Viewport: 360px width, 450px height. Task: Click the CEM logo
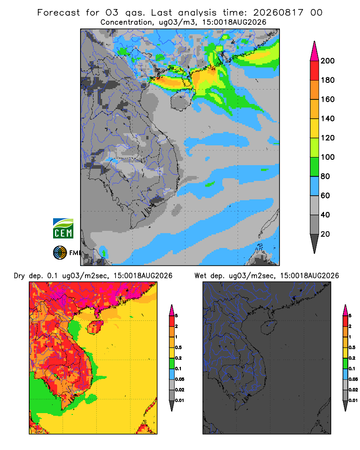[x=63, y=229]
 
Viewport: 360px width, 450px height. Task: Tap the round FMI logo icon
[x=60, y=253]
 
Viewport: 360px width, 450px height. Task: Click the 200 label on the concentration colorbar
[x=328, y=61]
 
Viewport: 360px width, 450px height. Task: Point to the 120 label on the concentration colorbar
[x=328, y=138]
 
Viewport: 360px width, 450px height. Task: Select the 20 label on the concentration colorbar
[x=325, y=234]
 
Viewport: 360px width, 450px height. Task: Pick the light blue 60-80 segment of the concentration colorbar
[x=315, y=186]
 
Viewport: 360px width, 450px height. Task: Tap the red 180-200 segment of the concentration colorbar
[x=315, y=70]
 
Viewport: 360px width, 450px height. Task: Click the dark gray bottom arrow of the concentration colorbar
[x=315, y=243]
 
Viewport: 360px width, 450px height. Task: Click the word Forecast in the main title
[x=58, y=13]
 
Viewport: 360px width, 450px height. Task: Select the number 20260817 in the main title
[x=278, y=13]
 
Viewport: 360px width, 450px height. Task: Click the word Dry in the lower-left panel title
[x=19, y=276]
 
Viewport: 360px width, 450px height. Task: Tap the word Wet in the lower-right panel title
[x=200, y=276]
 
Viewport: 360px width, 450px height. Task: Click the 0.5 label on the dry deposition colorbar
[x=178, y=347]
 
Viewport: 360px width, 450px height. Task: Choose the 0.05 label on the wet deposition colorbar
[x=353, y=379]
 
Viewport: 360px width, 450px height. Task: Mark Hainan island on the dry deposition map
[x=95, y=327]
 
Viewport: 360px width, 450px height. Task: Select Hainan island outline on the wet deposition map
[x=269, y=327]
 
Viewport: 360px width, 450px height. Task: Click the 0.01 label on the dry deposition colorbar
[x=180, y=400]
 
